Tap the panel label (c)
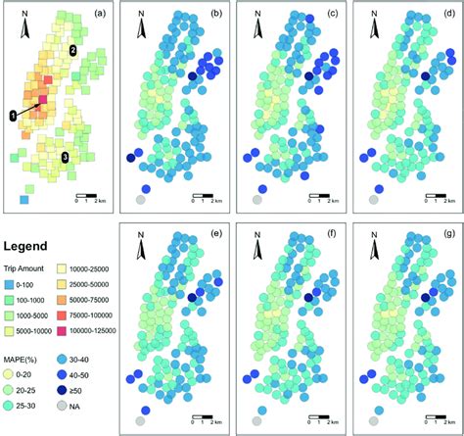[x=329, y=15]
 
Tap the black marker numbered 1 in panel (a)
[x=14, y=116]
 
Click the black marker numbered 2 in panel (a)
[x=71, y=50]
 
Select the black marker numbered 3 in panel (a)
[x=65, y=157]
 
